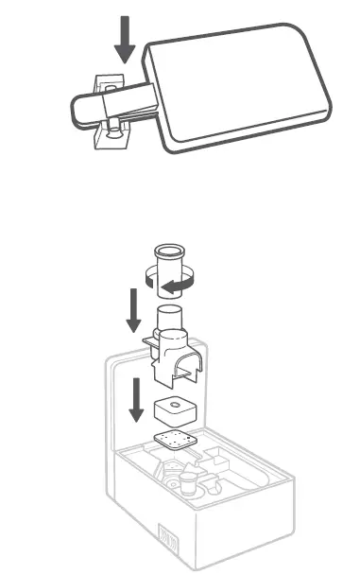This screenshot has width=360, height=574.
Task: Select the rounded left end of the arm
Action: tap(77, 112)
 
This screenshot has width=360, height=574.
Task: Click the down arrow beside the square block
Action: tap(137, 398)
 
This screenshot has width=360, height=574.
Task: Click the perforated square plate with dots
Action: tap(173, 442)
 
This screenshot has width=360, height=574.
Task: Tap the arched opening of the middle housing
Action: tap(185, 373)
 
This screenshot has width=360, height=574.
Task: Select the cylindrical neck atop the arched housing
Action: tap(170, 320)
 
